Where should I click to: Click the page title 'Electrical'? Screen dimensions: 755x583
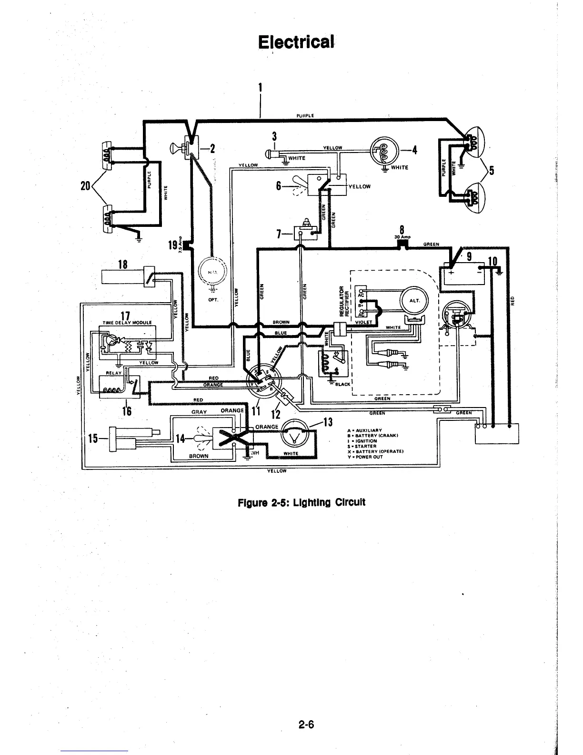click(295, 42)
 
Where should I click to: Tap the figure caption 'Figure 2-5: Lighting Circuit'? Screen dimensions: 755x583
click(302, 502)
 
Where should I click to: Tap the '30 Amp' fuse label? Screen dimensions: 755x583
click(403, 237)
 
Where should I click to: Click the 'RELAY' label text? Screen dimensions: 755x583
click(114, 373)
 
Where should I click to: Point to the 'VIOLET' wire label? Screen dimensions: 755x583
click(363, 322)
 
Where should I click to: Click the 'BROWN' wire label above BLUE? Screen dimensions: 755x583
click(281, 322)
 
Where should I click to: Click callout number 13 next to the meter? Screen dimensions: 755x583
click(327, 422)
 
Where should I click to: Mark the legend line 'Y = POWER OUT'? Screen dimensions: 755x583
click(365, 456)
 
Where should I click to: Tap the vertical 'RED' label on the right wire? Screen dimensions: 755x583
click(513, 300)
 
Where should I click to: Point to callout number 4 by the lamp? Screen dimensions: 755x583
click(414, 151)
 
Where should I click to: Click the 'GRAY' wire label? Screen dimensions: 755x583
click(198, 411)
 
